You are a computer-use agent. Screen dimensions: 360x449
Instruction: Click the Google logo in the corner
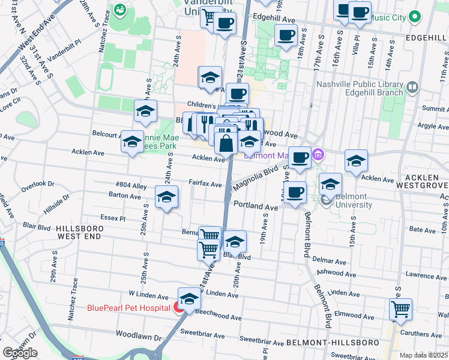point(20,353)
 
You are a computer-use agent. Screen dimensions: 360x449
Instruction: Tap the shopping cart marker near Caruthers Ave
point(400,310)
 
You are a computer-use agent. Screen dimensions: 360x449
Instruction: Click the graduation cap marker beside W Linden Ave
point(189,299)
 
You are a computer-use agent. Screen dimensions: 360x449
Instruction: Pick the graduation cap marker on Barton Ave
point(167,197)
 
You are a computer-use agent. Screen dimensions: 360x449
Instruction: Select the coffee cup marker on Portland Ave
point(294,193)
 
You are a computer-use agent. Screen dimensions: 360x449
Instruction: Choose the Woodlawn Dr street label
point(139,334)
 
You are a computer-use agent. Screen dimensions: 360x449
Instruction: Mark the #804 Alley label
point(131,185)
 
